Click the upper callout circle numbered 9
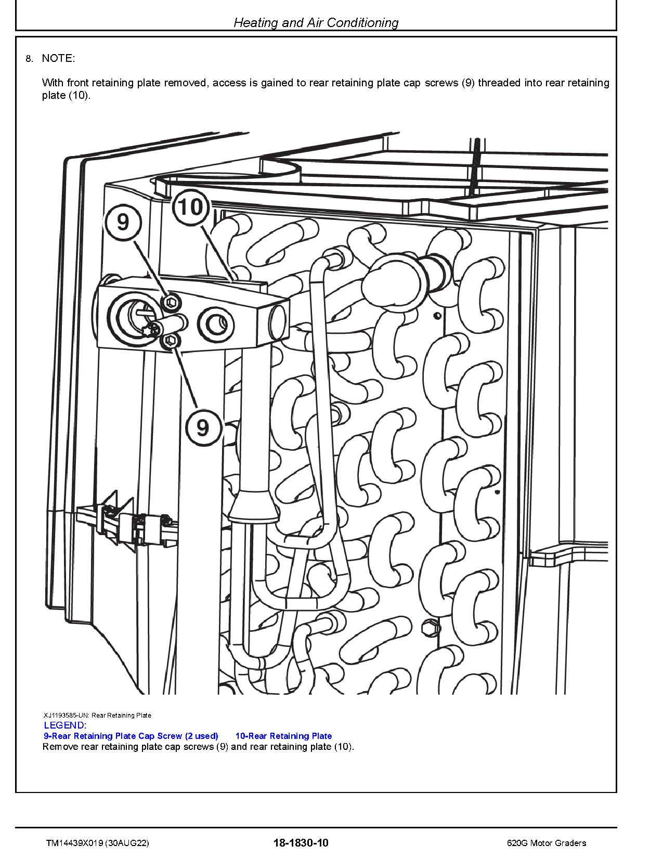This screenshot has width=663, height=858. (x=123, y=222)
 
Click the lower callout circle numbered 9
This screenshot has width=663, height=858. (x=203, y=427)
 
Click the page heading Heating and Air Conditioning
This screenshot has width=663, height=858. (x=316, y=22)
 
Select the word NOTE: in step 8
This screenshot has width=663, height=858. (x=58, y=58)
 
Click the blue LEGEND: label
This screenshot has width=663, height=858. (x=65, y=725)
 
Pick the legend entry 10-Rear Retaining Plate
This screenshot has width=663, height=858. (x=283, y=736)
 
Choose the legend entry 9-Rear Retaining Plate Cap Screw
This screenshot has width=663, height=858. (x=131, y=736)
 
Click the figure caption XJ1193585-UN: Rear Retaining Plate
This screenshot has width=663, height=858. (x=98, y=715)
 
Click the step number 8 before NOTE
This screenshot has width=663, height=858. (x=29, y=59)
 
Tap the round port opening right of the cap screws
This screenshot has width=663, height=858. (x=216, y=324)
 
